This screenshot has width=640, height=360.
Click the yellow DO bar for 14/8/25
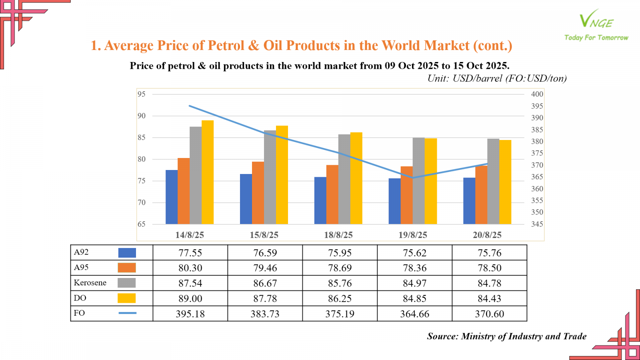coord(208,172)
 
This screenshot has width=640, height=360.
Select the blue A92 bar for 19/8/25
coord(394,201)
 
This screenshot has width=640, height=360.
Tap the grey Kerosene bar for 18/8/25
coord(344,179)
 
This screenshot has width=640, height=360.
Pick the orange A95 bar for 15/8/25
coord(258,193)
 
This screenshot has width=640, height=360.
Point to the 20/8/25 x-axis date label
coord(487,235)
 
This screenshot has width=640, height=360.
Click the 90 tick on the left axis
coord(142,116)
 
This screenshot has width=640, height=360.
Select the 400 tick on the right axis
coord(537,94)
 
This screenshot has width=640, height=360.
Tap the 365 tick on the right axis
coord(537,177)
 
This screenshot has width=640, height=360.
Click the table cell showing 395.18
coord(190,314)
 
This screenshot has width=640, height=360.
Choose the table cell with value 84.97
coord(414,283)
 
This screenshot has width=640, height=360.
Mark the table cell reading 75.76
coord(489,253)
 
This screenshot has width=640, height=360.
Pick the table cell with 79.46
coord(265,268)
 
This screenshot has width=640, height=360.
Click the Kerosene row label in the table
coord(90,283)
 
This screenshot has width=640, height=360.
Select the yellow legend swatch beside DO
coord(126,298)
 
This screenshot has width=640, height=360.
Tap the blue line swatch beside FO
coord(127,313)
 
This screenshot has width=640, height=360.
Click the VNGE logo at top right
coord(596,20)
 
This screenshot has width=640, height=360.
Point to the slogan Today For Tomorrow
coord(596,38)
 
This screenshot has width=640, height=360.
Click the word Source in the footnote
coord(442,336)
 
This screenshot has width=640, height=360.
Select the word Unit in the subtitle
coord(438,78)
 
